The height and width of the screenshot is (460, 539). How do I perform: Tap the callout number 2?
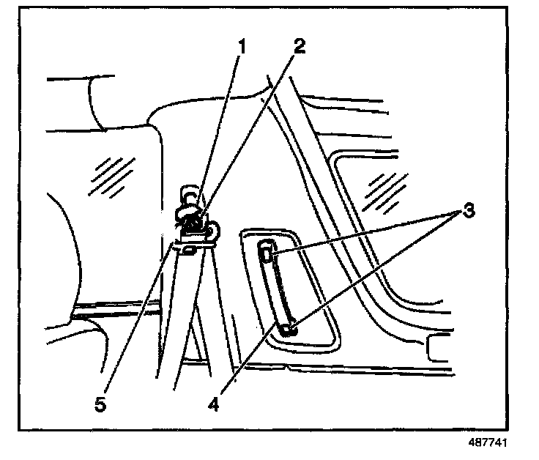coord(297,45)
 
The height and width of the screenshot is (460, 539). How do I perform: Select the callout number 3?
coord(468,212)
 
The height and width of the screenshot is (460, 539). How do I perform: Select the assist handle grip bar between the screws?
coord(278,292)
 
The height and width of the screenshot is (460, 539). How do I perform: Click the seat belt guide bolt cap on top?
coord(189,196)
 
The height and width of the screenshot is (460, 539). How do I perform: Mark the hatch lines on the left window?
coord(107,177)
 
